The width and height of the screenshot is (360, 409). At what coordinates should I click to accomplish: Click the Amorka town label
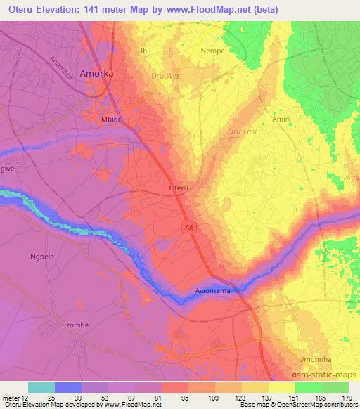[97, 72]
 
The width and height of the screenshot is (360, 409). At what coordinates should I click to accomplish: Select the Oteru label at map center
[180, 188]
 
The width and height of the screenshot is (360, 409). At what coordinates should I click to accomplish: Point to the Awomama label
[213, 290]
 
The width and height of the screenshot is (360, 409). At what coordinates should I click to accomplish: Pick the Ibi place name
[146, 51]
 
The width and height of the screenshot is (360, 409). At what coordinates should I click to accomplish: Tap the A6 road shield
[187, 226]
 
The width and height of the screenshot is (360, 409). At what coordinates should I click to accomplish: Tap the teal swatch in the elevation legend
[41, 387]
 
